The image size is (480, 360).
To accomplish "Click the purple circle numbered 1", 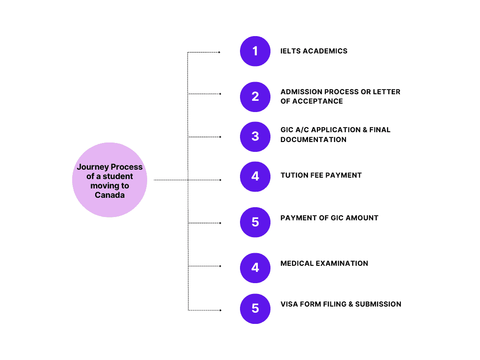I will click(255, 51).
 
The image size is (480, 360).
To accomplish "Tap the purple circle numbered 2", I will click(255, 97).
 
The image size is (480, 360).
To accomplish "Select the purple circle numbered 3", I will click(255, 136).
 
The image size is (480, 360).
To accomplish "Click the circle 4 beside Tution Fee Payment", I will click(255, 176).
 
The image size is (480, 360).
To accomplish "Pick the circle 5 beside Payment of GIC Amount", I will click(255, 222).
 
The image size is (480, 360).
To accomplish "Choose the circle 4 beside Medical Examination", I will click(255, 268).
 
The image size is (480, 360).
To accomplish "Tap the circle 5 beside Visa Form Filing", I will click(255, 308).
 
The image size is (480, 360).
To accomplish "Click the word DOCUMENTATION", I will click(314, 140).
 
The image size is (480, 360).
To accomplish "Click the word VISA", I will click(289, 304).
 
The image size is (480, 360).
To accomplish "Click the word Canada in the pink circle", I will click(110, 195).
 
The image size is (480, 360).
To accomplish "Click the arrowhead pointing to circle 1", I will click(219, 52).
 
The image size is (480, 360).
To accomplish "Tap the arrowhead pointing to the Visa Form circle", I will click(219, 310).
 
